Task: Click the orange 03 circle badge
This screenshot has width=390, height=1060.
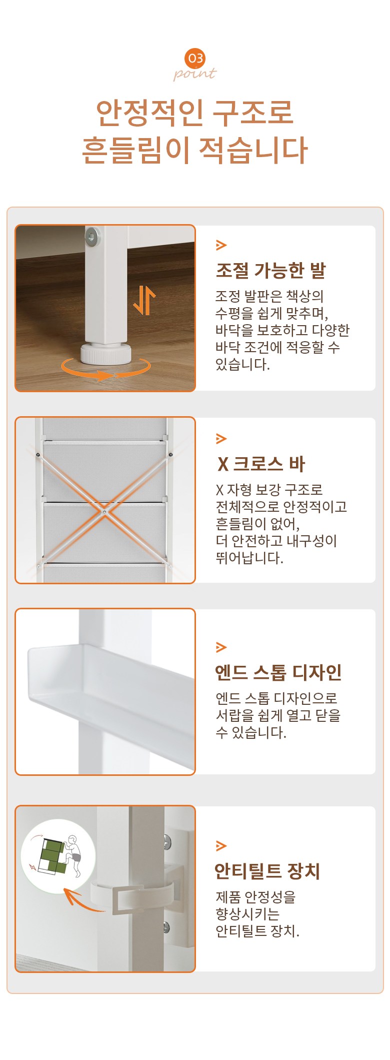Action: click(195, 59)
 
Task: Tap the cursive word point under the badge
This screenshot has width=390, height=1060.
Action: click(195, 74)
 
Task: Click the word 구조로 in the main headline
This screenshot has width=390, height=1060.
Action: click(252, 113)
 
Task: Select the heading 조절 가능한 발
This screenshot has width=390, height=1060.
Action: click(270, 270)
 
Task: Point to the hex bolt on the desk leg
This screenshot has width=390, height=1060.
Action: click(92, 237)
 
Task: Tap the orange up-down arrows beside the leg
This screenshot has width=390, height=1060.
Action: click(144, 300)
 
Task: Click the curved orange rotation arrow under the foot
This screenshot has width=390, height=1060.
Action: click(105, 369)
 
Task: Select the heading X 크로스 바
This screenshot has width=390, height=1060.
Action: click(261, 464)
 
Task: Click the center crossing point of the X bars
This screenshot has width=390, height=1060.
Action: click(104, 512)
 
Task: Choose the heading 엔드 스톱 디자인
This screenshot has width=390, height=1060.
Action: click(278, 672)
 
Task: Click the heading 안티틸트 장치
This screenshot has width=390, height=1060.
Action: click(267, 871)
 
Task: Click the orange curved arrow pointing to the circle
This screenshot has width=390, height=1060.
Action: click(83, 900)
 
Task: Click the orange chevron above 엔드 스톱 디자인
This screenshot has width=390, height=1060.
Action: click(221, 647)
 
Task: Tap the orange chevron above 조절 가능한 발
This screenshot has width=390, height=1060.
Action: click(221, 245)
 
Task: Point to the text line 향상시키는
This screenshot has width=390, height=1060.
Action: click(247, 914)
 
